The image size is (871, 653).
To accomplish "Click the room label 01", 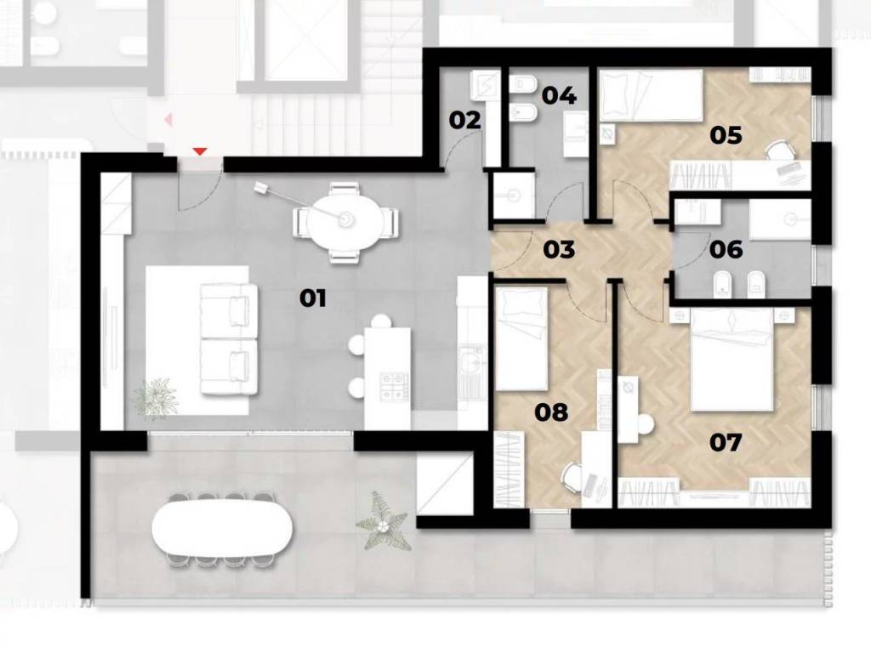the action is click(313, 298).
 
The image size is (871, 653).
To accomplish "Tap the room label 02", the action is click(464, 120).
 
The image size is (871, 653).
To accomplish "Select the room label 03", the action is click(559, 249).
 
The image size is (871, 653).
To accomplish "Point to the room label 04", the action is click(559, 95).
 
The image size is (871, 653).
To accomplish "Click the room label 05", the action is click(726, 135).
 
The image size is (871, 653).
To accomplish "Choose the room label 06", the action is click(726, 249).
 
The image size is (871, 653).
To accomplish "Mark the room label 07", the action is click(726, 442).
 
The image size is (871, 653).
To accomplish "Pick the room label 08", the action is click(551, 412).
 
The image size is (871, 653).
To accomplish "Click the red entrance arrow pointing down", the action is click(200, 151).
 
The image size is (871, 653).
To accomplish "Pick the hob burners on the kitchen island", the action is click(394, 385).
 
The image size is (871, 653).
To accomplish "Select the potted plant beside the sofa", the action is click(157, 396).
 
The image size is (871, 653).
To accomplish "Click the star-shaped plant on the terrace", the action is click(384, 522).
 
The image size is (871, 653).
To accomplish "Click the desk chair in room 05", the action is click(777, 150).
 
